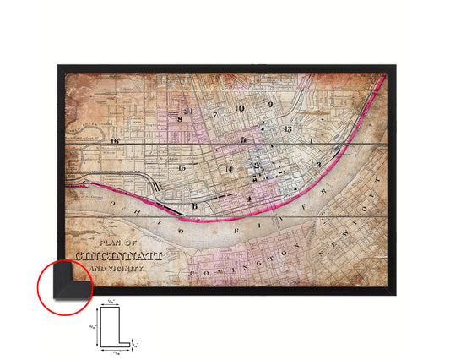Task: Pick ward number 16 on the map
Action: pyautogui.click(x=113, y=141)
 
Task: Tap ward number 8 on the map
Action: pyautogui.click(x=180, y=119)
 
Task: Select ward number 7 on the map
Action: pyautogui.click(x=215, y=113)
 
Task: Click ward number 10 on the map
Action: pyautogui.click(x=241, y=108)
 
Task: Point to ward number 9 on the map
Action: pyautogui.click(x=270, y=105)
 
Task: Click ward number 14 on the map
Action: pyautogui.click(x=228, y=169)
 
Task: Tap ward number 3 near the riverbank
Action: pyautogui.click(x=317, y=164)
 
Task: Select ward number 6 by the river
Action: pyautogui.click(x=195, y=206)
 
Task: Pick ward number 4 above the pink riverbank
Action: pyautogui.click(x=248, y=199)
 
